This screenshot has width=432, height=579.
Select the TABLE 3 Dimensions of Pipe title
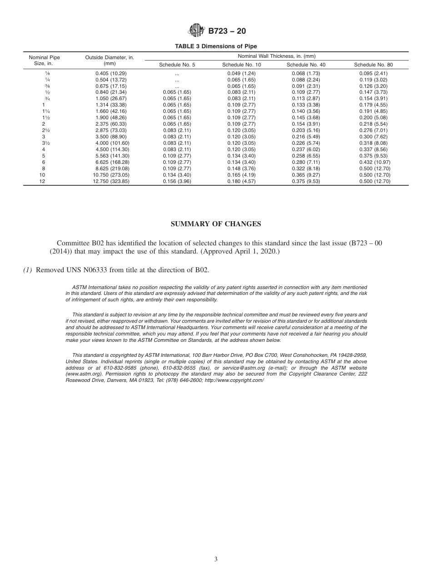216,46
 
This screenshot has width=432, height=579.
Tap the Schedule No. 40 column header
306,65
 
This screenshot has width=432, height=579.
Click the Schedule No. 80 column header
373,65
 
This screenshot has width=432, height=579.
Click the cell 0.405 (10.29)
111,73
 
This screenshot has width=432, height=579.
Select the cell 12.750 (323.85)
111,181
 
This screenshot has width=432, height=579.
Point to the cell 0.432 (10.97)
373,162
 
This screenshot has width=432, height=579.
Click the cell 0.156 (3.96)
177,181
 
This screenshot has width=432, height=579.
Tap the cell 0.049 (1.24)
241,73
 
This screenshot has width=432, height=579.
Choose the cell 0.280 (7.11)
306,162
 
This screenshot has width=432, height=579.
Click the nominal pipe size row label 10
42,175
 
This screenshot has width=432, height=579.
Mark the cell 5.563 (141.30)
111,156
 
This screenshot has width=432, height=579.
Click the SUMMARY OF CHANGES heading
216,224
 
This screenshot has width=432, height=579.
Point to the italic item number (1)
28,270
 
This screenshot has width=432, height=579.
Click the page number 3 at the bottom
216,559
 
